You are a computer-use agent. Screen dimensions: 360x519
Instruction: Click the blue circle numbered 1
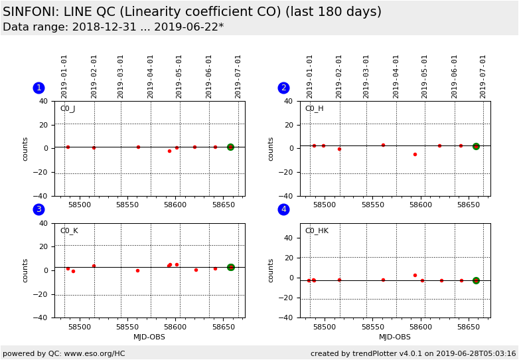pos(38,88)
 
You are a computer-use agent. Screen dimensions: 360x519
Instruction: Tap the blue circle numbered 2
pos(283,88)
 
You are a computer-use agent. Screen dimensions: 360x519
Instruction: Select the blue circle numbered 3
pos(38,209)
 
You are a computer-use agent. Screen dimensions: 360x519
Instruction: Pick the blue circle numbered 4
pos(283,209)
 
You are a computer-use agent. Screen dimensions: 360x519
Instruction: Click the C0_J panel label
pos(68,109)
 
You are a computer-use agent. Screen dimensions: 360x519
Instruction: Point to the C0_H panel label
pos(314,109)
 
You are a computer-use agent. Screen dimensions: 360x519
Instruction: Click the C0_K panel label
pos(69,231)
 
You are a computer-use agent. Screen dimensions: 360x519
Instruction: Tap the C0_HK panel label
pos(317,231)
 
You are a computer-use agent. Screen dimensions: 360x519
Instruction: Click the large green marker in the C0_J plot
pos(230,147)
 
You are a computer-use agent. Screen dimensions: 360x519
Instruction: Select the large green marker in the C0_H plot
pos(476,146)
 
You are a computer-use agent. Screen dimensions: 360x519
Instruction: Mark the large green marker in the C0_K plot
pos(230,267)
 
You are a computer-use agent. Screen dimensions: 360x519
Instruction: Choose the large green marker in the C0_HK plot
pos(476,280)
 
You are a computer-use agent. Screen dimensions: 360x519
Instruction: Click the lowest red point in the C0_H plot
pos(415,154)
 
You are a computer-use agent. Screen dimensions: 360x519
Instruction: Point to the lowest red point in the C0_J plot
pos(169,151)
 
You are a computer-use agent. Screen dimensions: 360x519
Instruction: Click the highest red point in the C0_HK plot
pos(415,275)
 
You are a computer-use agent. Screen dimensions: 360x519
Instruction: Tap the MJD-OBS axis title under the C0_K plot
pos(149,337)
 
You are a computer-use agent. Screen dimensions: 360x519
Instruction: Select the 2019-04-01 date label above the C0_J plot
pos(151,76)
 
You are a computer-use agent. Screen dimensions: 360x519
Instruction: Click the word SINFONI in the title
pos(32,12)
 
